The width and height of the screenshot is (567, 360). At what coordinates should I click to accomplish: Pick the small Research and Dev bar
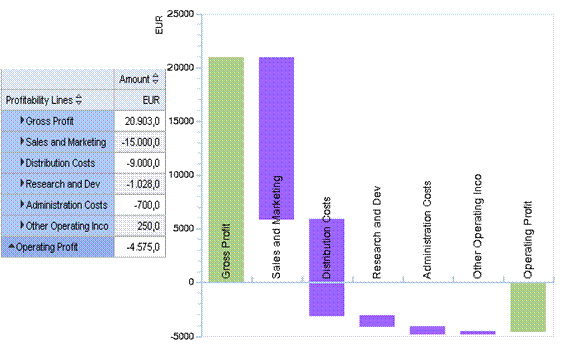(x=377, y=320)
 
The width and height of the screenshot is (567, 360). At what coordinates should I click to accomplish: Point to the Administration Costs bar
(x=427, y=329)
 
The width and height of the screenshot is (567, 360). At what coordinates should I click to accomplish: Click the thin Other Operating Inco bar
(x=477, y=332)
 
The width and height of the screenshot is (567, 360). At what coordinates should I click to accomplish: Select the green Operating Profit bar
(x=527, y=306)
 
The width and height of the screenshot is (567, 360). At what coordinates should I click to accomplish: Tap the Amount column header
(x=134, y=78)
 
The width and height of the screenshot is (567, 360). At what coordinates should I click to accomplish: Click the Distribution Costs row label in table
(x=66, y=162)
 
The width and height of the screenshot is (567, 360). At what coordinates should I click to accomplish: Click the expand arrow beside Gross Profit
(x=23, y=120)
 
